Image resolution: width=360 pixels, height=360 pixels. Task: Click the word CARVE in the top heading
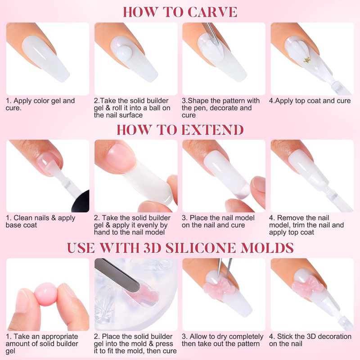point(213,12)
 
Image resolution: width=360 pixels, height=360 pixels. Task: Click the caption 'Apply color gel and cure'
point(40,104)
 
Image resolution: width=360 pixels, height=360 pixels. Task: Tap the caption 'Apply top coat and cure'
point(310,101)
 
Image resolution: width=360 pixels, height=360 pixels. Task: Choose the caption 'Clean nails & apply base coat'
point(40,221)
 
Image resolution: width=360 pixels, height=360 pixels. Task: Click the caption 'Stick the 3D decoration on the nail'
point(310,340)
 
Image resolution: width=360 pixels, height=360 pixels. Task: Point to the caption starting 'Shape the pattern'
point(221,108)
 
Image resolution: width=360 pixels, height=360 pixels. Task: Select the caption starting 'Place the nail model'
point(219,221)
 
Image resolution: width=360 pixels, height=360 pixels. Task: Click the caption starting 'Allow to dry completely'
point(223,340)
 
